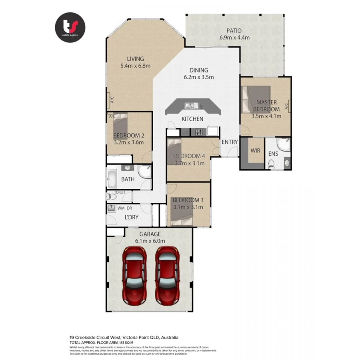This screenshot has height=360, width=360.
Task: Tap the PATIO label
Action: tap(234, 31)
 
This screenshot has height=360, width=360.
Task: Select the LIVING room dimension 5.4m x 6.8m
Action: tap(136, 66)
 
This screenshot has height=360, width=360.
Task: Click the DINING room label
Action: tap(199, 70)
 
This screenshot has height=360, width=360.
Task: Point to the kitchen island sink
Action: tap(190, 106)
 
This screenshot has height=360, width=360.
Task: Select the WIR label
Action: tap(255, 152)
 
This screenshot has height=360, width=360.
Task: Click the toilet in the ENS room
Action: tap(272, 163)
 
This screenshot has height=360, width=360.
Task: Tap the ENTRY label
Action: tap(230, 142)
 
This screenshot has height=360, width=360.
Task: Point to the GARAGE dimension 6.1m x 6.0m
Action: tap(150, 241)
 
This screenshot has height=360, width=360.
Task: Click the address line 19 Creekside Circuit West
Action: tap(124, 337)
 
